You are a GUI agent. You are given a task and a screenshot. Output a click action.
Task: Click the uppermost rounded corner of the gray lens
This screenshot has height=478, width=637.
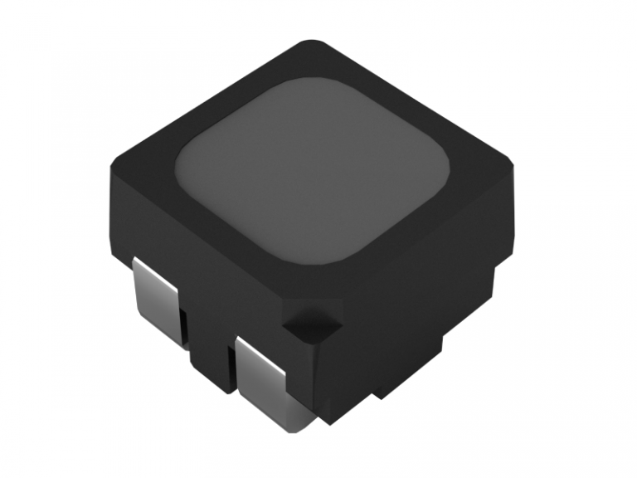[x=303, y=83]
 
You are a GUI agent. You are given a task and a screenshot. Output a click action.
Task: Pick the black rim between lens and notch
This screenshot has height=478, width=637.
[x=323, y=286]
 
